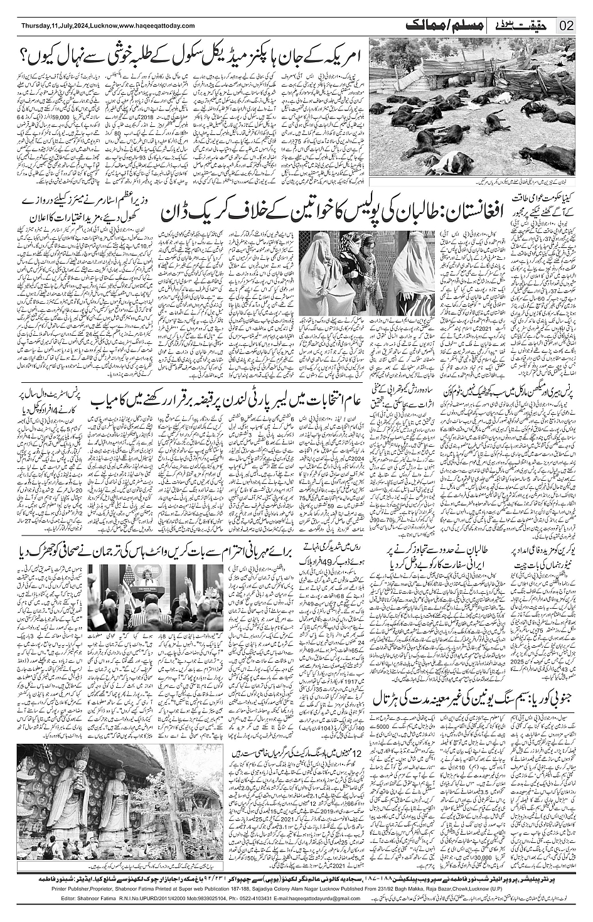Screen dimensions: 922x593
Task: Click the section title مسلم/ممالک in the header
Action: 433,25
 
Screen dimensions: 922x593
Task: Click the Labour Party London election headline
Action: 227,399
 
